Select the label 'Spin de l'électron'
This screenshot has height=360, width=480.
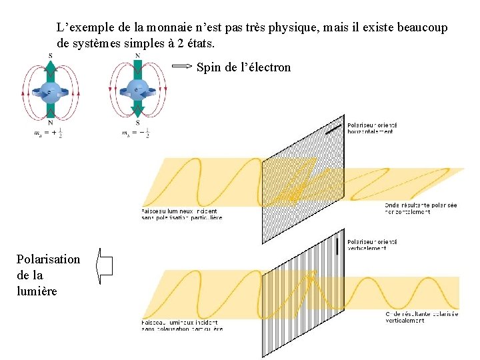(243, 67)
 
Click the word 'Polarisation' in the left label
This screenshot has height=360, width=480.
(48, 259)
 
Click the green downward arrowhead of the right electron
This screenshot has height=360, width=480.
(137, 111)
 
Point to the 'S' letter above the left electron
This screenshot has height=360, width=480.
(51, 55)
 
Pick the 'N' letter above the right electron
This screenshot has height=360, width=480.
(137, 55)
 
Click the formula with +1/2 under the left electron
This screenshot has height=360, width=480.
(51, 133)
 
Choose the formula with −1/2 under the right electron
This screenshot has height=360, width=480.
(135, 133)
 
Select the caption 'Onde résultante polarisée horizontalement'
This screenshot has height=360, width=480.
(421, 209)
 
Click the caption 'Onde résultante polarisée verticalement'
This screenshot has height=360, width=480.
(421, 317)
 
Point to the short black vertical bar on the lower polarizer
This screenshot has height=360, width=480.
(339, 245)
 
